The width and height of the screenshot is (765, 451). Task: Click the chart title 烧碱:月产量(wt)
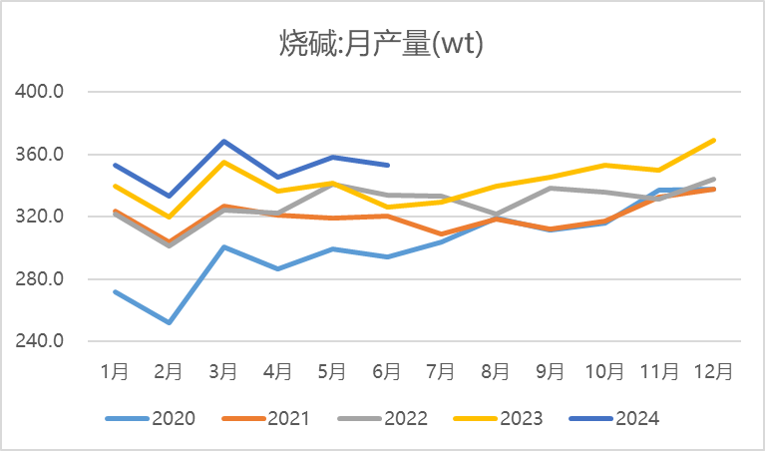[382, 43]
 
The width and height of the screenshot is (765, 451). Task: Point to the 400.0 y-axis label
[42, 92]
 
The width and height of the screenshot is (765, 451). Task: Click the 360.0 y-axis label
[42, 155]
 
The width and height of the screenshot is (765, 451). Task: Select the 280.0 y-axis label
[42, 278]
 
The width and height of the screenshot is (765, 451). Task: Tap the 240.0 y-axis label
[42, 341]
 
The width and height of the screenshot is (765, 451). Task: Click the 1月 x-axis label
[115, 371]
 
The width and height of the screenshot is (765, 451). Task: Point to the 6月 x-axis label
[386, 371]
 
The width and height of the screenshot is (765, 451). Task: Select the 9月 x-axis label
[550, 371]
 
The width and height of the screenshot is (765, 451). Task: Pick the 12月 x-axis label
[713, 371]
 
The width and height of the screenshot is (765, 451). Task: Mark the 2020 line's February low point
[169, 322]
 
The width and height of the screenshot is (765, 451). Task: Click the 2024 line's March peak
[223, 142]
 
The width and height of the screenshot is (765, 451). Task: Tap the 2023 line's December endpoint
[713, 141]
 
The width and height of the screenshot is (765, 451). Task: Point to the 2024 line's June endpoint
[386, 166]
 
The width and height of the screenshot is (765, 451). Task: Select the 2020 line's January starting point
[115, 291]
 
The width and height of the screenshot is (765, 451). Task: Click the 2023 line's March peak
[223, 162]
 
